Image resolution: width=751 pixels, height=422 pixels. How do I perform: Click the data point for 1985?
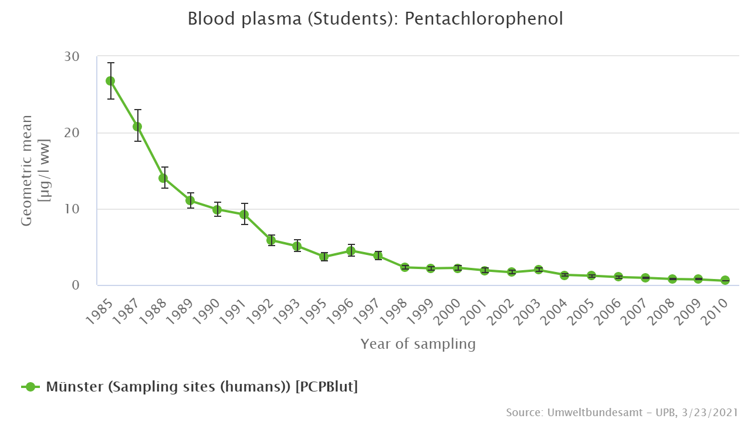[110, 81]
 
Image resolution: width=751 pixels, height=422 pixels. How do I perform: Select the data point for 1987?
[137, 127]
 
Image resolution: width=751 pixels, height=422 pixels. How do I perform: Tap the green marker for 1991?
[244, 215]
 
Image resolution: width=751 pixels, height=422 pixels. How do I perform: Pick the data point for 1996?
[351, 251]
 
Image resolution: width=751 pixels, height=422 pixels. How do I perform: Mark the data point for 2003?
[539, 270]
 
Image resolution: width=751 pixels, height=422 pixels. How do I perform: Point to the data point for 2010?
[725, 280]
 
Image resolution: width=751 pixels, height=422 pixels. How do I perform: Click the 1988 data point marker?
[164, 178]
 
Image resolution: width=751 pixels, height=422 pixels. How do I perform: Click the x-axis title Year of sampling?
[418, 344]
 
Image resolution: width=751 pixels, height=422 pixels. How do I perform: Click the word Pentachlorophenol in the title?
[483, 19]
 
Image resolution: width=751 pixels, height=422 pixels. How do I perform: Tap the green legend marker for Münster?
[32, 387]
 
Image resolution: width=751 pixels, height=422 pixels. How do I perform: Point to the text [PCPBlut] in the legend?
[326, 387]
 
